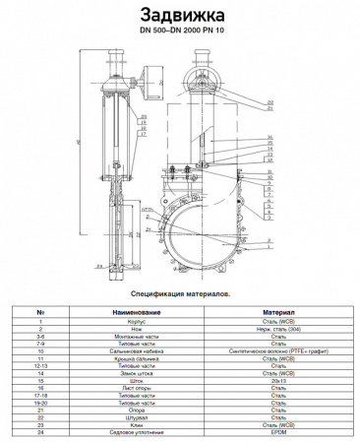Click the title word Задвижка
(180, 15)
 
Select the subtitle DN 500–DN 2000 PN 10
(180, 32)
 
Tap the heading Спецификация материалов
(180, 293)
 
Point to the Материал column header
(272, 312)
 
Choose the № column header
(40, 312)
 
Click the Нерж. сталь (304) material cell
(272, 329)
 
